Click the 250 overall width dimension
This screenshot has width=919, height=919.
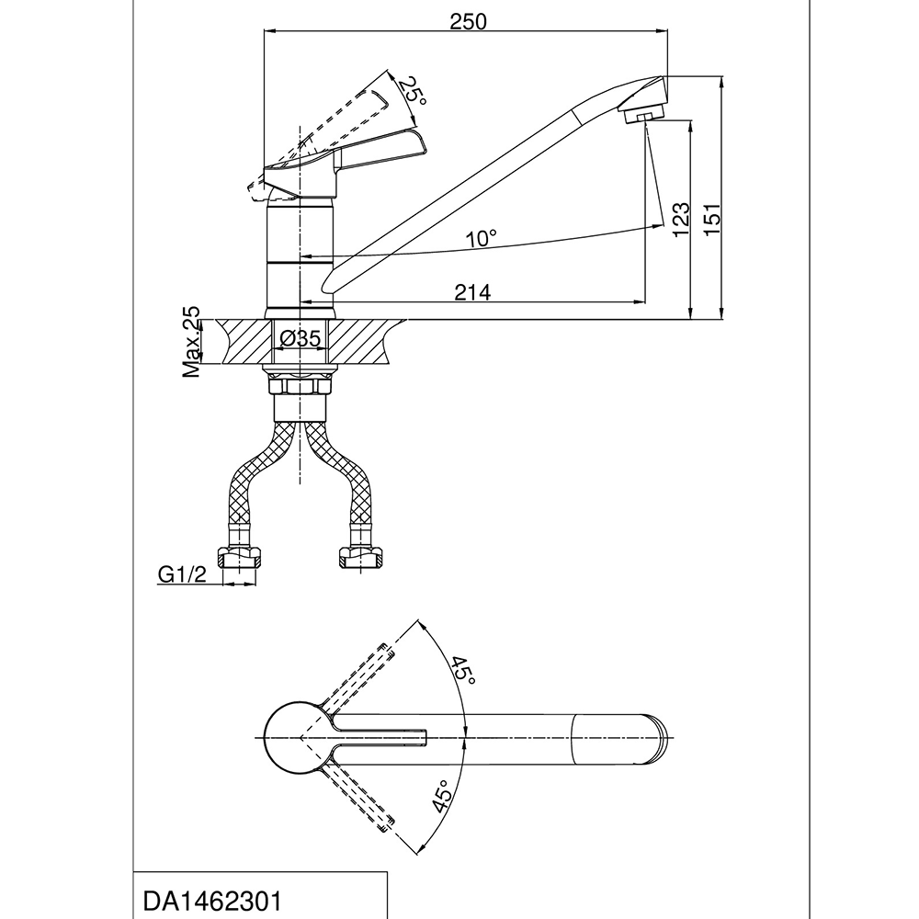click(x=468, y=22)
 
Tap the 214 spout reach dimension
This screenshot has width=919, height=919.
click(x=472, y=292)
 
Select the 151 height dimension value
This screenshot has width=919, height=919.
click(x=711, y=220)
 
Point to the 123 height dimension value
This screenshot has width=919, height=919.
click(x=681, y=220)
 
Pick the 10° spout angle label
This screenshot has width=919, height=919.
click(x=481, y=239)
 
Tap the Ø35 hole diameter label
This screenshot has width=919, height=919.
click(x=301, y=338)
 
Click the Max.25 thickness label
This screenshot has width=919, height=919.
click(x=191, y=342)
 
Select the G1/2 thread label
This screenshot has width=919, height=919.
click(x=182, y=575)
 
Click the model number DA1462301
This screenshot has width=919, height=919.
click(x=212, y=901)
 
